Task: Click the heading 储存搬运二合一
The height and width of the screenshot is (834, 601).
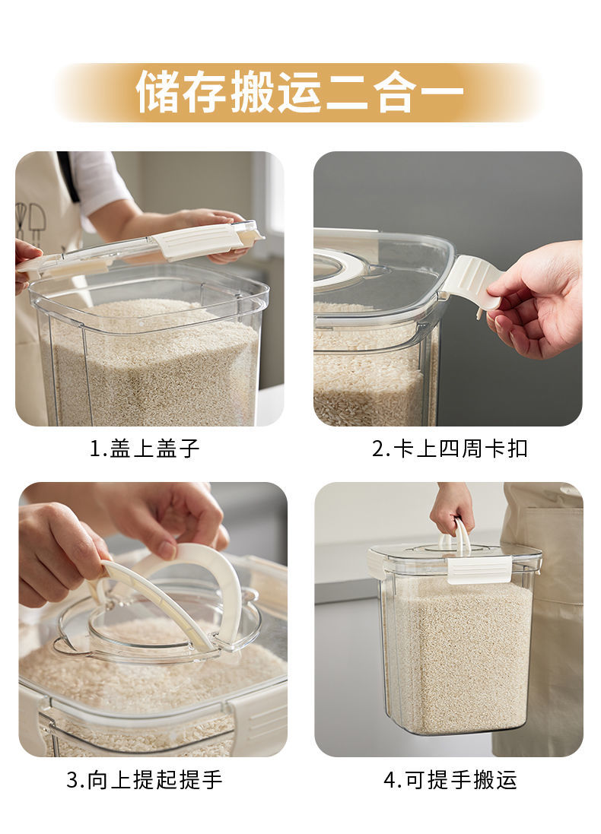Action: coord(300,92)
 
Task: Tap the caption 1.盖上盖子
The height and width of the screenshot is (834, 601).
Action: coord(145,449)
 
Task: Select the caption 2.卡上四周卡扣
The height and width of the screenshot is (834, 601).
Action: coord(450,449)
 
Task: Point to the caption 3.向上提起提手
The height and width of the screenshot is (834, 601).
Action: coord(145,780)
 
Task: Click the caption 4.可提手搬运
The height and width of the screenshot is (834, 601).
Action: coord(450,780)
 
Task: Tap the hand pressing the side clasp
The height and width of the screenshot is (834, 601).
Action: coord(535,298)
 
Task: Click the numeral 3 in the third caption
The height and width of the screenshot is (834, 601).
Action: coord(73,780)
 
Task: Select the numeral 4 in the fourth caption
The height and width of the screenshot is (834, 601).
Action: coord(391,780)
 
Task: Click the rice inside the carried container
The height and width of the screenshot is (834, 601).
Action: coord(459,655)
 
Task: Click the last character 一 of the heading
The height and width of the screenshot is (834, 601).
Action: coord(442,92)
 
